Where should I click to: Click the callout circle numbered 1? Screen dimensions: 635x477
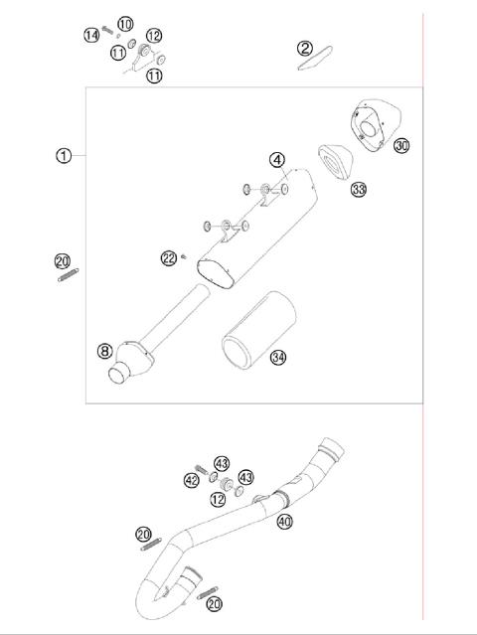tap(64, 156)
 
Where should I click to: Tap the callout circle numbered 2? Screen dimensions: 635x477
tap(305, 48)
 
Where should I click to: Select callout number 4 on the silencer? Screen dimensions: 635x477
tap(278, 159)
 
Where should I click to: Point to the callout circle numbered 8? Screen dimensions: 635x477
tap(104, 350)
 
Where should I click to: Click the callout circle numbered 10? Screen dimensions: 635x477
tap(125, 24)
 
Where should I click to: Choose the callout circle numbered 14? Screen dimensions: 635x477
tap(91, 35)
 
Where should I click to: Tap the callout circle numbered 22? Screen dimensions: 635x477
tap(169, 258)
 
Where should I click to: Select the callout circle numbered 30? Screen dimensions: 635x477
tap(400, 146)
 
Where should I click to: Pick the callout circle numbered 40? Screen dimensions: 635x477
tap(284, 521)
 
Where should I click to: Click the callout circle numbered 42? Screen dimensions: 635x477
tap(192, 480)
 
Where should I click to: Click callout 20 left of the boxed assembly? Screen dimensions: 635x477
tap(63, 261)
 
